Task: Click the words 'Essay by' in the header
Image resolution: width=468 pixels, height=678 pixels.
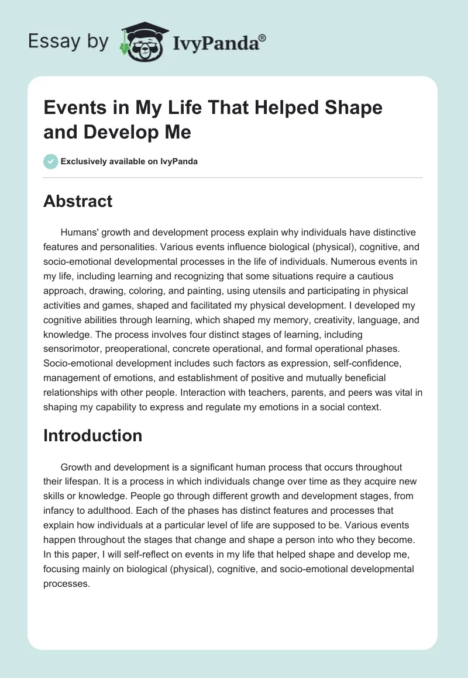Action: [x=69, y=41]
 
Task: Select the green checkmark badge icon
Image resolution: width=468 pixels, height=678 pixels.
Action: [x=51, y=161]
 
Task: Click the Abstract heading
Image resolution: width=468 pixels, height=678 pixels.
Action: [x=78, y=202]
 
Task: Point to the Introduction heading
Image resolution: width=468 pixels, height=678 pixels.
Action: [x=92, y=435]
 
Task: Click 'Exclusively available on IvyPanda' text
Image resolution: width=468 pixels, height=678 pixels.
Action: [x=130, y=162]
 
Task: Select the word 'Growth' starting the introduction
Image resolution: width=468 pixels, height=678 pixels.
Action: [x=75, y=467]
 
